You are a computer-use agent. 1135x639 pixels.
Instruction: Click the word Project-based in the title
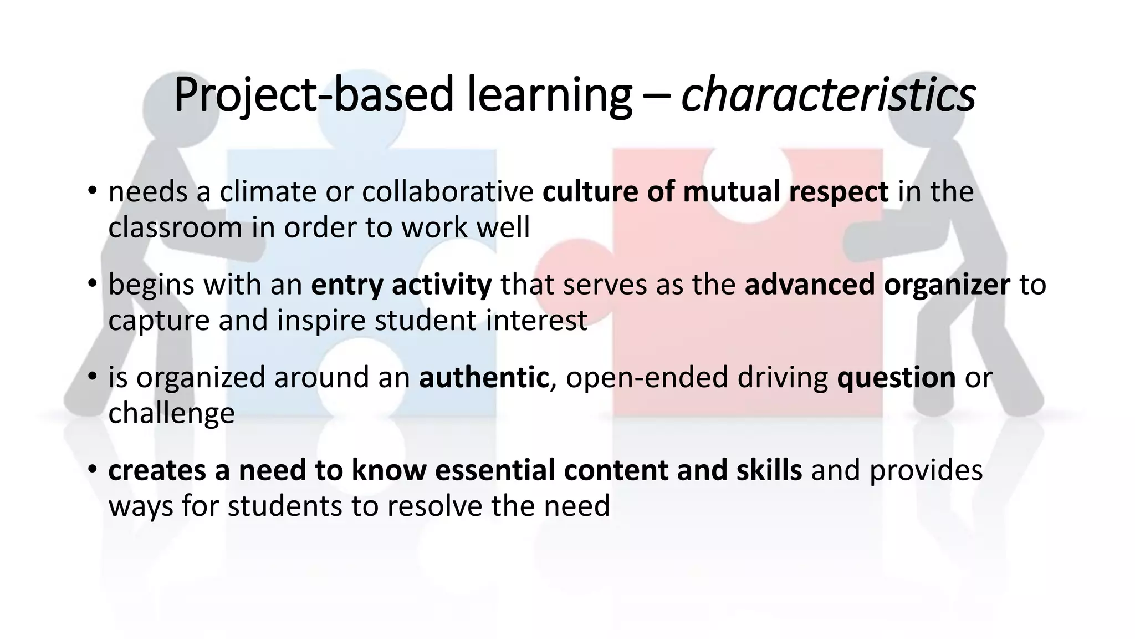(313, 95)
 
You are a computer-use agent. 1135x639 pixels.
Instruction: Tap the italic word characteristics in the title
(828, 95)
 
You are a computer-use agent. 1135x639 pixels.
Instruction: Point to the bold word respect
(839, 192)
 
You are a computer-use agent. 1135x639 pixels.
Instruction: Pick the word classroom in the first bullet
(175, 227)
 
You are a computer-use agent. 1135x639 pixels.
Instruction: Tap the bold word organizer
(947, 285)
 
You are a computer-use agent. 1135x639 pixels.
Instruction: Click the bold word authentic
(483, 377)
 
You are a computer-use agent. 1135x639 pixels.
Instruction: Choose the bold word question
(896, 377)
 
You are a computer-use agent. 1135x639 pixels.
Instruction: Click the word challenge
(171, 413)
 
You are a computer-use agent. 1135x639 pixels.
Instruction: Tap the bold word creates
(157, 470)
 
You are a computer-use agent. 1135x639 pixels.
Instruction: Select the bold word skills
(769, 470)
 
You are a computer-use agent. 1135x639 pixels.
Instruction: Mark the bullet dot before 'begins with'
(92, 284)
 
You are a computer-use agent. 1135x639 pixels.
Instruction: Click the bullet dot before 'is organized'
(92, 377)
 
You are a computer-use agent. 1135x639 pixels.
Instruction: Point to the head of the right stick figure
(937, 111)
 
